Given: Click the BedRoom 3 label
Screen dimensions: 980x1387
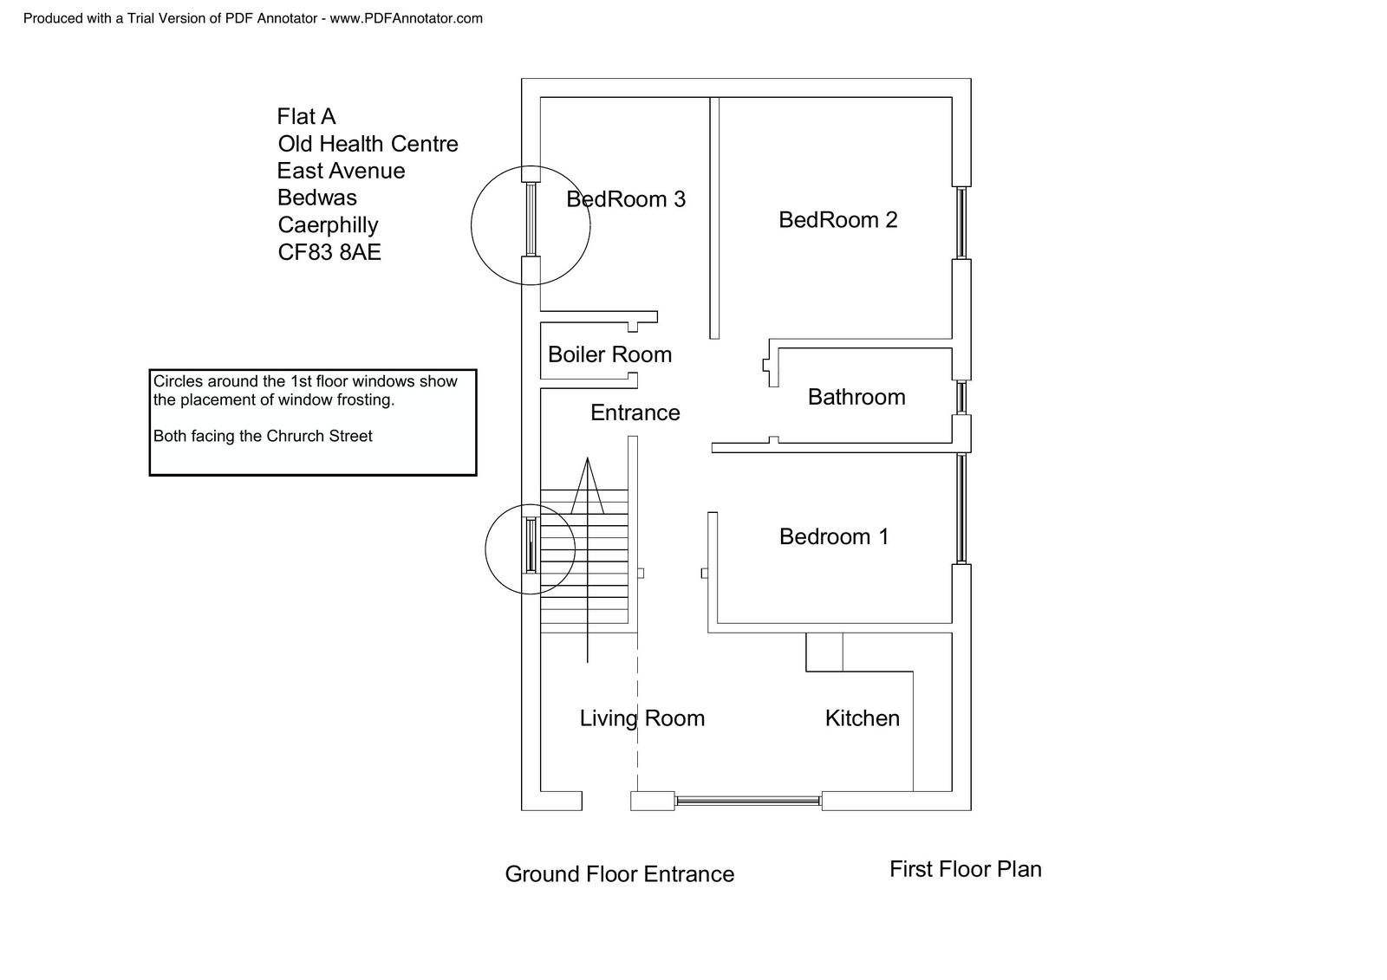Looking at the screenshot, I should point(626,199).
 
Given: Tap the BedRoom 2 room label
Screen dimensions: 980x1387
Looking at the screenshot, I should point(837,220).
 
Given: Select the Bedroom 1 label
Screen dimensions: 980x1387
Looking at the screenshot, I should point(834,537).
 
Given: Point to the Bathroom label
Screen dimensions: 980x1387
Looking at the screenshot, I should point(856,397).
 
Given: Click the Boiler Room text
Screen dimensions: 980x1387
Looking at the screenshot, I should point(609,354).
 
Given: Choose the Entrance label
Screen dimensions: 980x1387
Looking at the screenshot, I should point(635,412).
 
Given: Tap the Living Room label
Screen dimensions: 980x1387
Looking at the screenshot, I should point(641,718).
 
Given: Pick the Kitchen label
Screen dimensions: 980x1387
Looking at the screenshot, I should point(862,718).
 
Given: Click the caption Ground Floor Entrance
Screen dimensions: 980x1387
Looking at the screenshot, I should point(619,874).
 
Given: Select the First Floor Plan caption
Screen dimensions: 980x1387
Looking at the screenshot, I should point(965,869).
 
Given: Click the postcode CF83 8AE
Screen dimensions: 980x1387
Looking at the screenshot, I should point(329,252).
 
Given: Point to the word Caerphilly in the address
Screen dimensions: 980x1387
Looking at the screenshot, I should point(328,225).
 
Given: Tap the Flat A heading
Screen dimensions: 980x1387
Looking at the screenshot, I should point(306,117).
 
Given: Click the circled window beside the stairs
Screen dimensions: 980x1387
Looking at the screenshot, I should point(531,544).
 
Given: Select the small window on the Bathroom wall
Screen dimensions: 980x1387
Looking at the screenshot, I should point(961,398).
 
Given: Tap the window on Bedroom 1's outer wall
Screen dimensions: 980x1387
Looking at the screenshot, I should point(961,508).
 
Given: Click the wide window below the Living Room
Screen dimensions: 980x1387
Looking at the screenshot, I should point(748,802).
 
